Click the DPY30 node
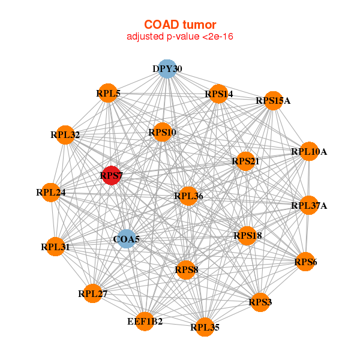pos(167,68)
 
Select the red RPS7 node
pos(111,176)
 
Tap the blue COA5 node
pos(126,239)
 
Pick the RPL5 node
pos(108,93)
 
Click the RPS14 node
pos(218,94)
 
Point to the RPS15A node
pos(273,100)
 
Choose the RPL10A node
pos(308,151)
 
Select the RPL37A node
pos(309,206)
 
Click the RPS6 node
pos(305,261)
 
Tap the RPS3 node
pos(260,302)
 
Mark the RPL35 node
pos(205,327)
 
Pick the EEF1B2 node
pos(145,322)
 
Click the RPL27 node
pos(92,293)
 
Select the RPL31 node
pos(55,247)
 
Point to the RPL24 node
pos(50,193)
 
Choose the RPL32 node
pos(65,135)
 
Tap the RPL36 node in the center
pos(188,196)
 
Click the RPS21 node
pos(245,161)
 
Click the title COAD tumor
pos(180,25)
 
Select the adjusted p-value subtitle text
pos(180,37)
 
